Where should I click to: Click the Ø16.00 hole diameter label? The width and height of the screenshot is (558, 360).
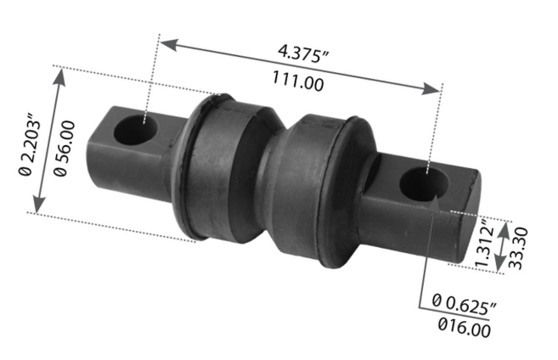click(x=462, y=323)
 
